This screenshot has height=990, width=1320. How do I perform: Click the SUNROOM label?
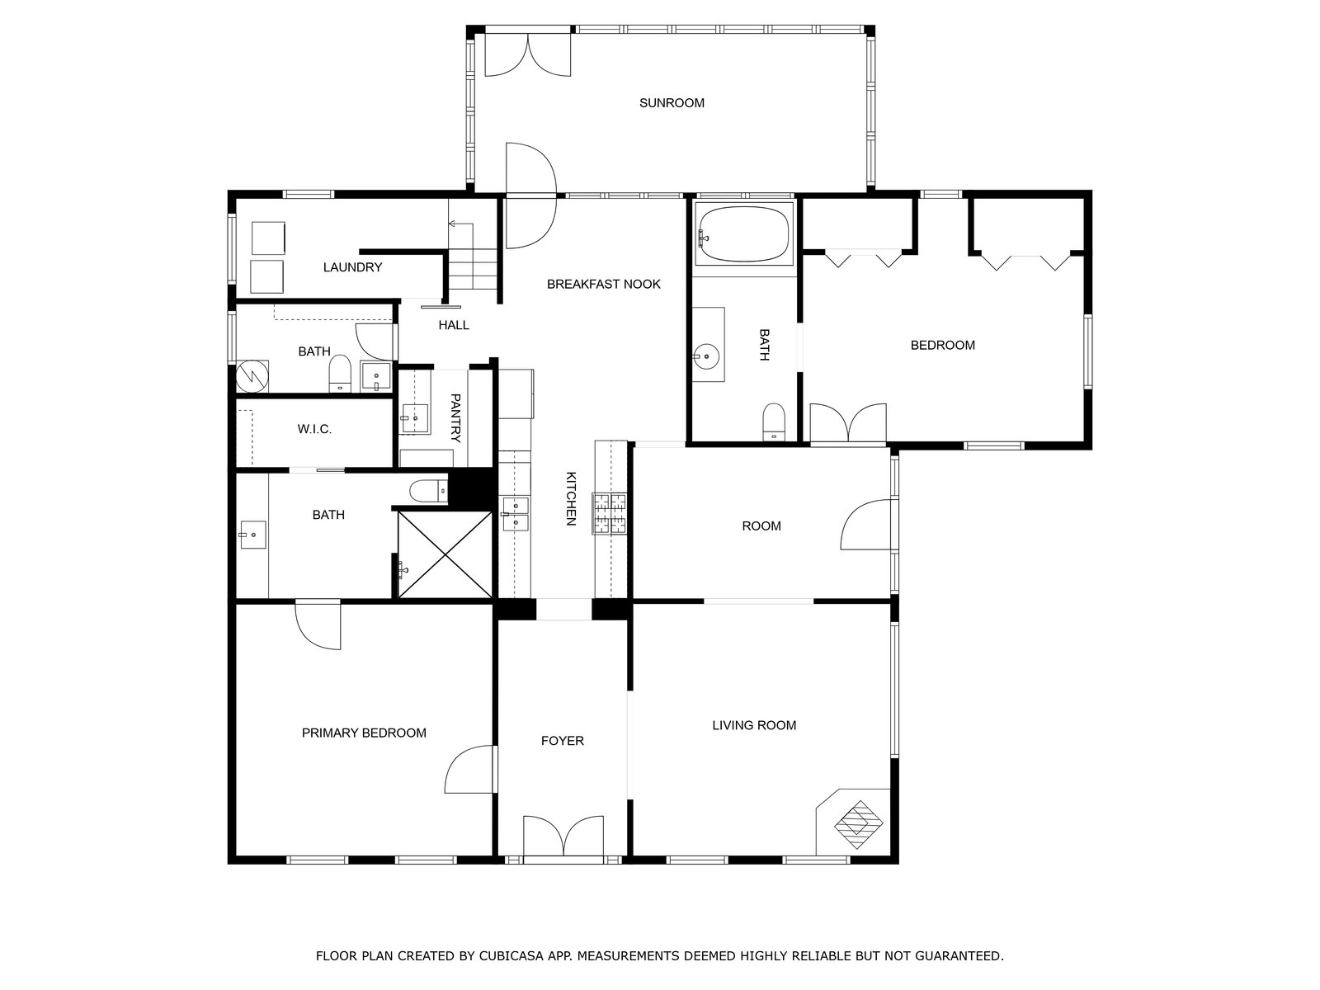(x=671, y=103)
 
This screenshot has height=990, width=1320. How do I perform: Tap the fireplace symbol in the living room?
(x=858, y=824)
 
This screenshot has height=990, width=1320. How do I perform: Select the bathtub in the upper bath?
(x=743, y=233)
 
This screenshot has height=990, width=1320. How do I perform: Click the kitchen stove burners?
(x=609, y=513)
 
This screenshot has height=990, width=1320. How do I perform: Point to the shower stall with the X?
(x=445, y=554)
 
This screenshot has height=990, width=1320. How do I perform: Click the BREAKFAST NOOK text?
(x=603, y=285)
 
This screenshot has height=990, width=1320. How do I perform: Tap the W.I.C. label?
(x=314, y=429)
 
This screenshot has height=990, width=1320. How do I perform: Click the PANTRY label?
(x=455, y=417)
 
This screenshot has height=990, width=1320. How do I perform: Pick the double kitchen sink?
(x=516, y=515)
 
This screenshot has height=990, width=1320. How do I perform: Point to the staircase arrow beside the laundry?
(x=460, y=224)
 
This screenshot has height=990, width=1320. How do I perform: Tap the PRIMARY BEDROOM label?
(x=364, y=733)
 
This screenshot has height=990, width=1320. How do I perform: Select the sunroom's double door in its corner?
(x=527, y=54)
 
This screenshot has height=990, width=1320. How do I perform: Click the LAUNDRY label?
(x=352, y=267)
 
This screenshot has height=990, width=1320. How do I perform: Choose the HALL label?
(x=454, y=325)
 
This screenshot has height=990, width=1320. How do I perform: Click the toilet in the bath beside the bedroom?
(x=773, y=422)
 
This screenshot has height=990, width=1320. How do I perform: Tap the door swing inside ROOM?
(x=865, y=524)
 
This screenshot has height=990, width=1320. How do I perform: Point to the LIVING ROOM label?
(x=754, y=725)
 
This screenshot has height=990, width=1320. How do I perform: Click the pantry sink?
(x=415, y=418)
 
